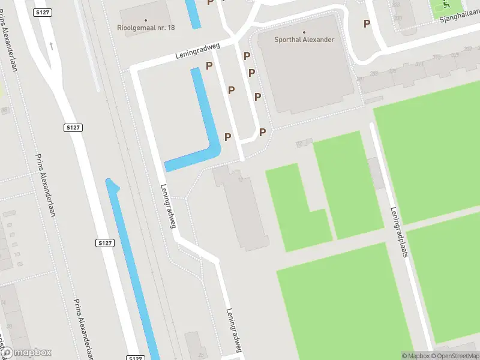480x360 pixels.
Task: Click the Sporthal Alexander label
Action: click(304, 40)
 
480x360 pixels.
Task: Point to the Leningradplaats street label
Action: click(400, 240)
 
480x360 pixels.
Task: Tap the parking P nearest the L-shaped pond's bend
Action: click(227, 137)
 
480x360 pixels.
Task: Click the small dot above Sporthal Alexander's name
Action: click(304, 32)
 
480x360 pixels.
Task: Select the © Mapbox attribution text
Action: click(416, 356)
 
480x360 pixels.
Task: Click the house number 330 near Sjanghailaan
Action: click(398, 18)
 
